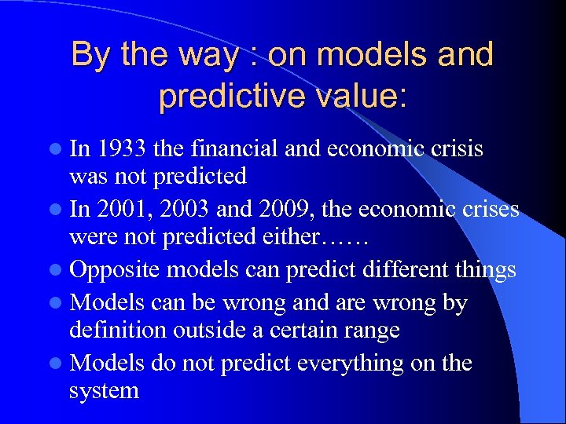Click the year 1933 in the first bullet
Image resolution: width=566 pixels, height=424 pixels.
tap(121, 148)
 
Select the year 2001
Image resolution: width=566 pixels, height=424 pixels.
tap(121, 209)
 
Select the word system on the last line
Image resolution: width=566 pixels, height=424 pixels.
tap(104, 390)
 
